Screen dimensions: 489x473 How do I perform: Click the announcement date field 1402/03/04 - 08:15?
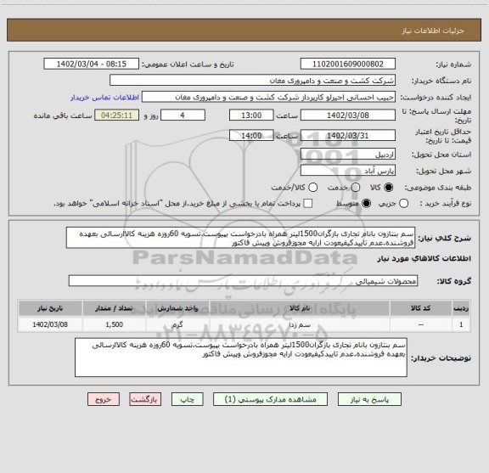[x=93, y=65]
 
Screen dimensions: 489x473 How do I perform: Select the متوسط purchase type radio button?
[x=367, y=204]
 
